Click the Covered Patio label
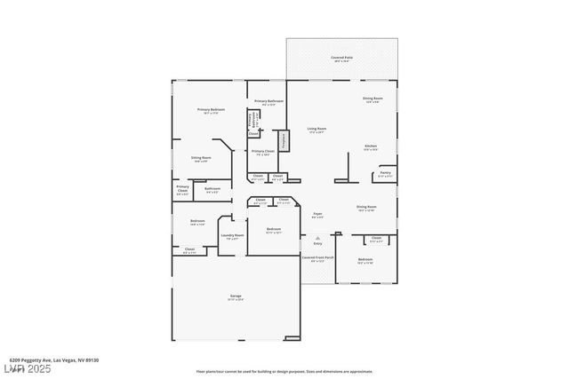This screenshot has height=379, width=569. click(341, 59)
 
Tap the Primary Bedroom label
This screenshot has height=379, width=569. click(211, 111)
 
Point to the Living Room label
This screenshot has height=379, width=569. click(316, 130)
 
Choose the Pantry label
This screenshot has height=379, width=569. click(385, 174)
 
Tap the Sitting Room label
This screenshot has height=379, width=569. click(201, 159)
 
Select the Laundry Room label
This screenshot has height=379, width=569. click(233, 236)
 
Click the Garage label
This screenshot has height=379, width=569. click(236, 297)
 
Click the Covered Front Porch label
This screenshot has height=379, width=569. click(317, 259)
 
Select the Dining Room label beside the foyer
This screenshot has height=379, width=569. click(366, 208)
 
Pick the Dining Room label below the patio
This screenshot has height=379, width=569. click(373, 99)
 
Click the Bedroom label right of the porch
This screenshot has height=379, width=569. click(365, 260)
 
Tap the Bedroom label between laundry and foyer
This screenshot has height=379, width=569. click(274, 230)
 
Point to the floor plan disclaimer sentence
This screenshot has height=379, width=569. click(284, 371)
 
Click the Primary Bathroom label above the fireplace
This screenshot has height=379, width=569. click(268, 102)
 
